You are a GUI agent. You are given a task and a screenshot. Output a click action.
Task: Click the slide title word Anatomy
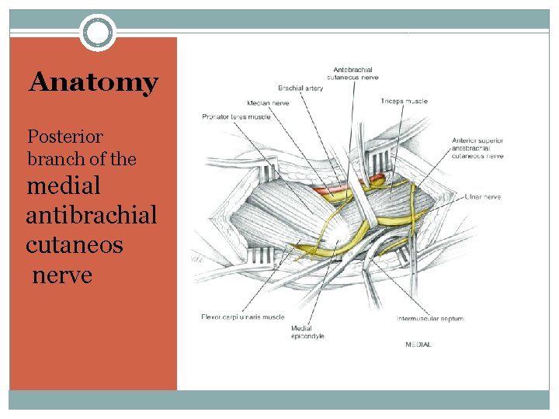coord(93,82)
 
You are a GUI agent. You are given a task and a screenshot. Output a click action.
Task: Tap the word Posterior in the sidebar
coord(65,137)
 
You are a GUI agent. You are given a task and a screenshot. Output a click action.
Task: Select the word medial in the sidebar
coord(64,186)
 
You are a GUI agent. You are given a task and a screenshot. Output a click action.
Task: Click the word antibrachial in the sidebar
coord(91,215)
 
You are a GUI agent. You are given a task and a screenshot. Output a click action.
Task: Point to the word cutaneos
coord(74,245)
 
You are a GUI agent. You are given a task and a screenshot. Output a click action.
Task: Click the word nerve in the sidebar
coord(62,274)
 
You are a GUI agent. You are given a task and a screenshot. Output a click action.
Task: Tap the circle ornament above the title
coord(98,33)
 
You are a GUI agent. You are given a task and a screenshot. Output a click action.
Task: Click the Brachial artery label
coord(300,88)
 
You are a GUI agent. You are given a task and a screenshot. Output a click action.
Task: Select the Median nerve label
coord(269,102)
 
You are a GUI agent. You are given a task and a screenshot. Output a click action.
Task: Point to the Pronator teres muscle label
coord(235,116)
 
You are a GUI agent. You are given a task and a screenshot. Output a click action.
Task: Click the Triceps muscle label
coord(404,101)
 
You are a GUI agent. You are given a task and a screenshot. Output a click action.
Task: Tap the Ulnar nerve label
coord(483,197)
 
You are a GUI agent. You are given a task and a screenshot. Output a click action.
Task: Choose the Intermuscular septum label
coord(429,318)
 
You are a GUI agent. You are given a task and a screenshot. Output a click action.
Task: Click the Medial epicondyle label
coord(307,332)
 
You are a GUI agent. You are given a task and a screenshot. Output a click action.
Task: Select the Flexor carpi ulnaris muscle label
coord(242,317)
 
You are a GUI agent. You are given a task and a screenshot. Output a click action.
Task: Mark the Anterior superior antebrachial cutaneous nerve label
coord(477,148)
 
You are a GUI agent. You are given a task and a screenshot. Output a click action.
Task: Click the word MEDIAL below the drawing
coord(418,344)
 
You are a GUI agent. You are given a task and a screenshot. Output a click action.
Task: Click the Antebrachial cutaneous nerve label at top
coord(353,74)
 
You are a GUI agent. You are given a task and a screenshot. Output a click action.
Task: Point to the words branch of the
coord(82,159)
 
